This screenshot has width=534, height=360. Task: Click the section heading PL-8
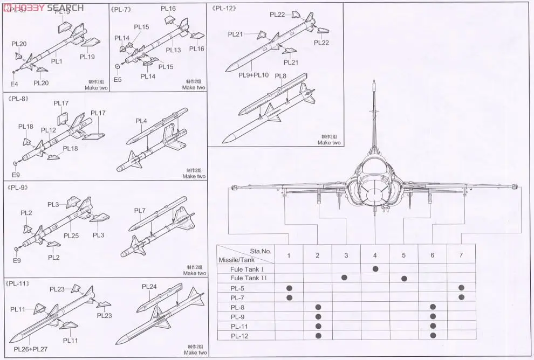coord(18,99)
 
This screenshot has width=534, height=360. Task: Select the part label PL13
coord(173,50)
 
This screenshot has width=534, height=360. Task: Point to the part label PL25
coord(71,236)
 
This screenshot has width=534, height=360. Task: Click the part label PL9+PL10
coord(253,75)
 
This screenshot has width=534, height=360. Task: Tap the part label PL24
coord(149,286)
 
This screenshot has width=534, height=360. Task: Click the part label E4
coord(14,84)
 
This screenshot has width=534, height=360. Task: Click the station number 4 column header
coord(375,255)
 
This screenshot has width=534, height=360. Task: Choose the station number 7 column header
coord(461,255)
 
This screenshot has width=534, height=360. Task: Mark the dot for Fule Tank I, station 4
coord(375,268)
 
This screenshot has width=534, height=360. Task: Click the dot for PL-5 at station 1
coord(289,288)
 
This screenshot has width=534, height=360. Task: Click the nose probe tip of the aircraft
coord(374,82)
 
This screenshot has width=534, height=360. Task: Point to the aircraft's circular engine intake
coord(374,191)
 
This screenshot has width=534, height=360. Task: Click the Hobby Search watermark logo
coord(43,7)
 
